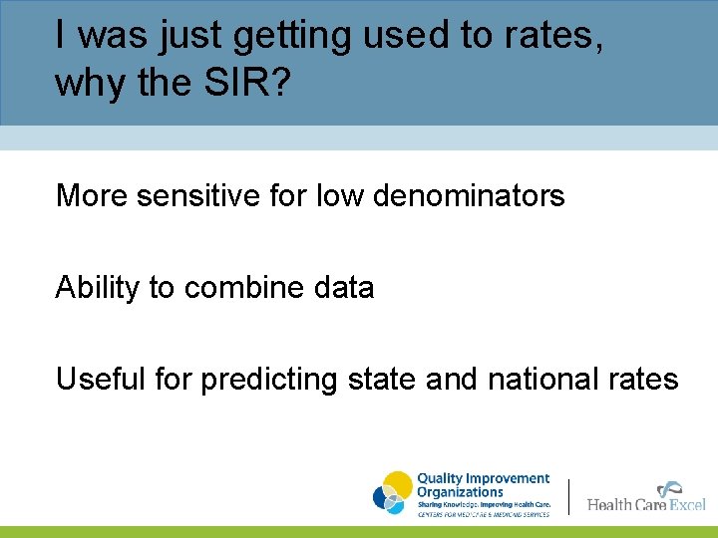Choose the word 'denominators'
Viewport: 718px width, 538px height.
(469, 196)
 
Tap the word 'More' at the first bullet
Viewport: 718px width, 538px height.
(92, 196)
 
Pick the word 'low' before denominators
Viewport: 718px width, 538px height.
(340, 196)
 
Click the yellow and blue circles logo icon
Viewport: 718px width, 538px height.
(393, 493)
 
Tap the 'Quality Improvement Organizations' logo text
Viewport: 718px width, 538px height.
(482, 485)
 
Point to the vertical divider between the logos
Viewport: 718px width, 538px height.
(569, 496)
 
